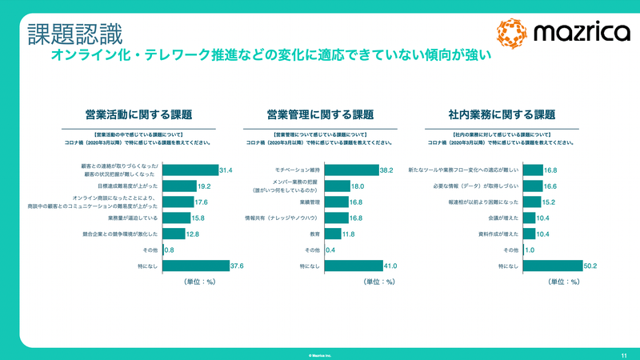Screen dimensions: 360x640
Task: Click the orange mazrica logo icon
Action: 512,33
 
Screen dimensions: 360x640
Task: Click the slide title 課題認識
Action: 75,34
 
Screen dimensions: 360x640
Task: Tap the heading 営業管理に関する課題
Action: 320,114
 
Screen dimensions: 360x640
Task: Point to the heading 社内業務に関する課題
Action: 502,114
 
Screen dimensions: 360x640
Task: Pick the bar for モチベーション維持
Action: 351,170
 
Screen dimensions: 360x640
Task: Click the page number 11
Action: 623,353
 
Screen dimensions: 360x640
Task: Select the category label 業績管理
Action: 310,202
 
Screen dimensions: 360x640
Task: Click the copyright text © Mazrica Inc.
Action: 320,353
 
